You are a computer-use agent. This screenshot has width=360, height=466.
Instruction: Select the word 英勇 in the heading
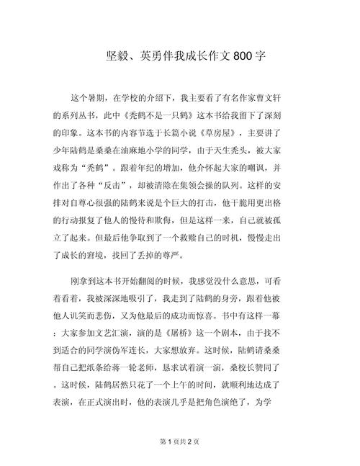click(153, 56)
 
